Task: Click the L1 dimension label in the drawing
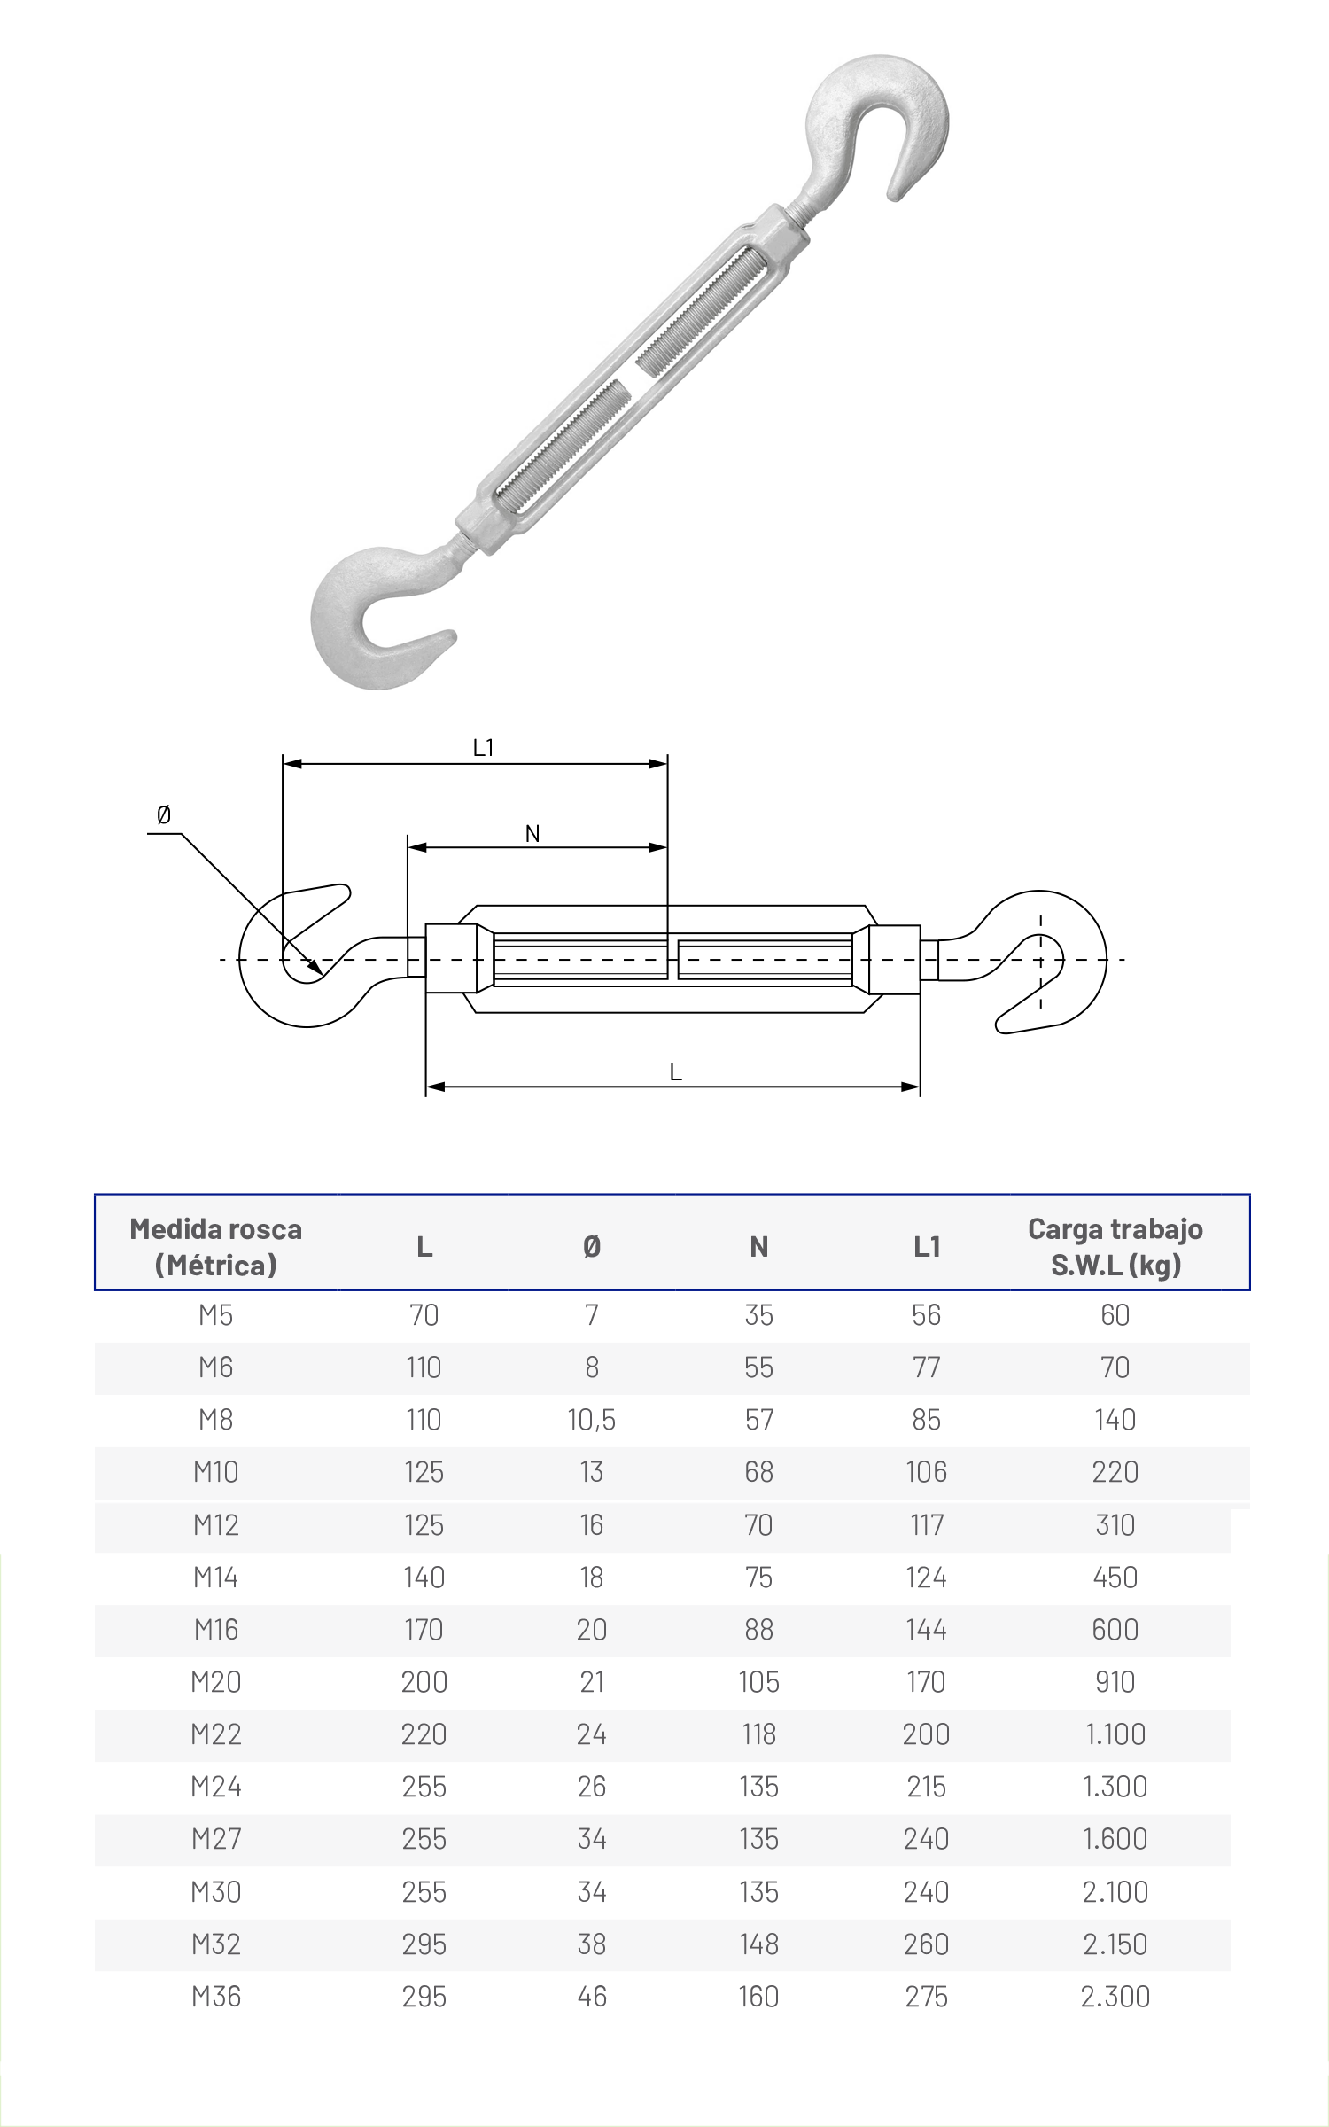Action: [483, 748]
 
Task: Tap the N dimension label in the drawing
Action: [532, 833]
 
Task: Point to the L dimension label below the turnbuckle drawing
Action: [675, 1073]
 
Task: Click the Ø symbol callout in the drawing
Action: [163, 815]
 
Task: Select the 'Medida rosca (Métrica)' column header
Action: [216, 1247]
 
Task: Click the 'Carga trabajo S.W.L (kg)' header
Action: [1115, 1247]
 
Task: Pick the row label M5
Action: [216, 1315]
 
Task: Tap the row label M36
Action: [216, 1997]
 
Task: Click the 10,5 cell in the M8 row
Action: [592, 1421]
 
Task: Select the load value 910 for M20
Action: [1115, 1682]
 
